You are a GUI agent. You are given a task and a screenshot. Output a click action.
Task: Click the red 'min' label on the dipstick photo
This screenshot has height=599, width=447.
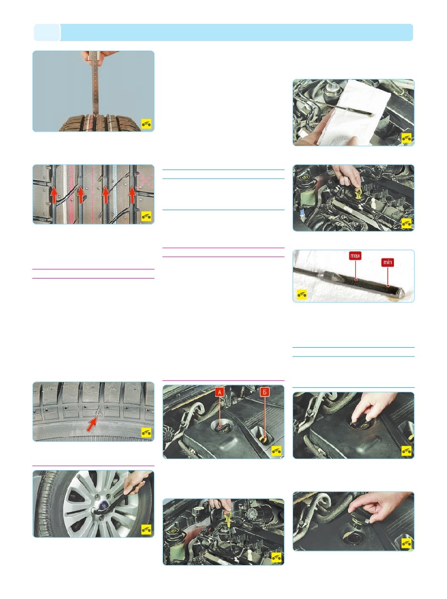click(387, 262)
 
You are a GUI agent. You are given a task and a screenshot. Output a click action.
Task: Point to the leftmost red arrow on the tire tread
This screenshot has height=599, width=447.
click(54, 194)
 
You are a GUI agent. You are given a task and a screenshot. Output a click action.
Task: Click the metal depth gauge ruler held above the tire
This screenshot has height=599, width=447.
click(95, 86)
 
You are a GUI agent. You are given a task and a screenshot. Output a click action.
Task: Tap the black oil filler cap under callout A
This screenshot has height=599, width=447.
click(222, 427)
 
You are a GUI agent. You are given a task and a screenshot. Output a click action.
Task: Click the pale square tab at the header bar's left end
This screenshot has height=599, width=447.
click(47, 32)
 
